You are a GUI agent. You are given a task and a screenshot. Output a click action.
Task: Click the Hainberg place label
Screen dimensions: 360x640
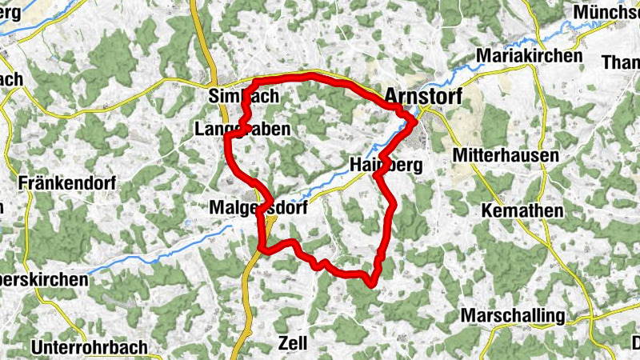tap(386, 165)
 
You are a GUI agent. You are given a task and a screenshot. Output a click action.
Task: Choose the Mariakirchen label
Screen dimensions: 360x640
tap(529, 56)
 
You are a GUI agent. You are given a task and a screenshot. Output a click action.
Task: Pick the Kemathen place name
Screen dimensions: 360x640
tap(522, 211)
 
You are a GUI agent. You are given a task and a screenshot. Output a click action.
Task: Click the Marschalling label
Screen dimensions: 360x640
tap(513, 315)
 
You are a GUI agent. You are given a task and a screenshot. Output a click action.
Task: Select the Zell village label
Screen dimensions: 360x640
tap(292, 343)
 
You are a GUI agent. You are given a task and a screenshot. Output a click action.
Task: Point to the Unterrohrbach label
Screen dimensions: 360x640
tap(90, 348)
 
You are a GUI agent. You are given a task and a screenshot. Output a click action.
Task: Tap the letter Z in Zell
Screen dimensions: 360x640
tap(282, 343)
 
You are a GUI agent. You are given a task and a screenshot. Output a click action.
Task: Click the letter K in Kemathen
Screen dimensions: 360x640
tap(487, 211)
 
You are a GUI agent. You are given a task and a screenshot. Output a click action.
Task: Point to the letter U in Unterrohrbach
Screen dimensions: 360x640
tap(38, 348)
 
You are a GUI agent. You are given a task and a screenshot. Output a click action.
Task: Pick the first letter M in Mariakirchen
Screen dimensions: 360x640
tap(482, 56)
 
